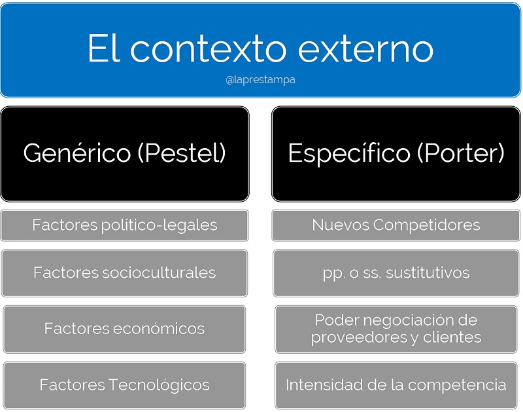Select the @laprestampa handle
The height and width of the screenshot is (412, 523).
(261, 80)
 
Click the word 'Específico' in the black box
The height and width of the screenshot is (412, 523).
(350, 153)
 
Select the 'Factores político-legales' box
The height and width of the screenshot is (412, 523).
(124, 225)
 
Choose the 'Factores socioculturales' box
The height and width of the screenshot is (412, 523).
(124, 272)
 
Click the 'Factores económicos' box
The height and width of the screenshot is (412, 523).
(124, 329)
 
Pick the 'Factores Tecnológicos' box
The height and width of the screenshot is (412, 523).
(124, 384)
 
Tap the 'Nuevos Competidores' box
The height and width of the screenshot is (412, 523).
(396, 225)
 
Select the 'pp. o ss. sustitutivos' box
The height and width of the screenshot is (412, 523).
(396, 272)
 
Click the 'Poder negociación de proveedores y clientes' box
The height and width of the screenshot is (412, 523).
(396, 329)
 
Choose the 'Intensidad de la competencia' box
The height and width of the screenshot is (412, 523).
(396, 384)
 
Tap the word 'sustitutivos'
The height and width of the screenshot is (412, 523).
(428, 272)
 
